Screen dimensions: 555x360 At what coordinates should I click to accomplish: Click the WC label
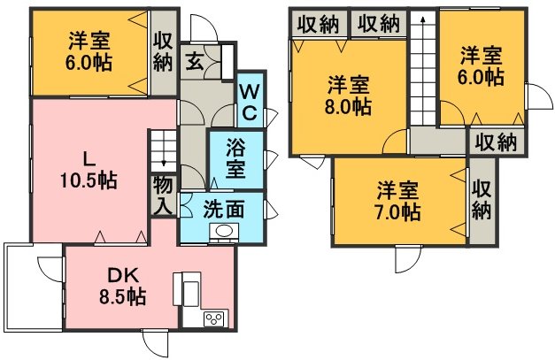250,103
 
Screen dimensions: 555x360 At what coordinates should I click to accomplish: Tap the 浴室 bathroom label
235,158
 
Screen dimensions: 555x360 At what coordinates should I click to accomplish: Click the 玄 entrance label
195,61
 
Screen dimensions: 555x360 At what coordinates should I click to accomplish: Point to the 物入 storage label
163,195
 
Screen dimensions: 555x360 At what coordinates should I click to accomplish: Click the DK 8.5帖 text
122,286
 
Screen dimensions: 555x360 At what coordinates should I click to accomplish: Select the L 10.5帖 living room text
89,172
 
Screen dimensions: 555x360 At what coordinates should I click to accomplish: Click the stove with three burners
214,319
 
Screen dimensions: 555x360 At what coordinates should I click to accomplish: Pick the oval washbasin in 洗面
223,232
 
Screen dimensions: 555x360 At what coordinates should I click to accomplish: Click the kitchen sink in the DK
191,293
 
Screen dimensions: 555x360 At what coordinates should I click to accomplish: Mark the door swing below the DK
155,343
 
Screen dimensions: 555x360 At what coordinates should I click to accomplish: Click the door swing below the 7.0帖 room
408,258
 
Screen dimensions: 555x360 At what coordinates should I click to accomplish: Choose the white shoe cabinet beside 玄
227,62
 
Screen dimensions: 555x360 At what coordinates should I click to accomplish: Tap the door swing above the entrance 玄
204,27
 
